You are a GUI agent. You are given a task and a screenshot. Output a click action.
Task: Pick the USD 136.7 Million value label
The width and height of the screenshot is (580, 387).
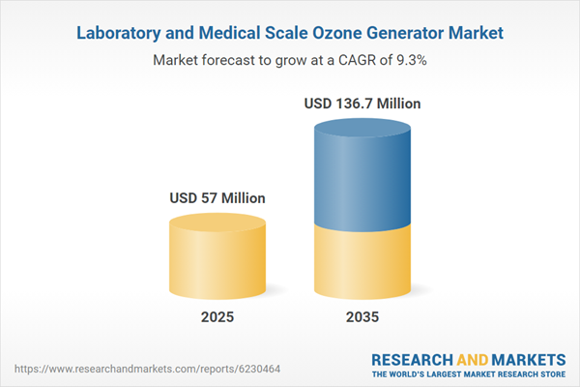point(363,103)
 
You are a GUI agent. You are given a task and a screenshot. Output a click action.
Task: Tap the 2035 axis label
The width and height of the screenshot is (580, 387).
point(363,316)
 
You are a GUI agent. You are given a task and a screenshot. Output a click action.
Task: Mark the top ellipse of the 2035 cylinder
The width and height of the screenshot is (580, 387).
point(363,130)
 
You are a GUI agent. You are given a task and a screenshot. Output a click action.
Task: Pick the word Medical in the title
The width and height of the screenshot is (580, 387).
point(223,34)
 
